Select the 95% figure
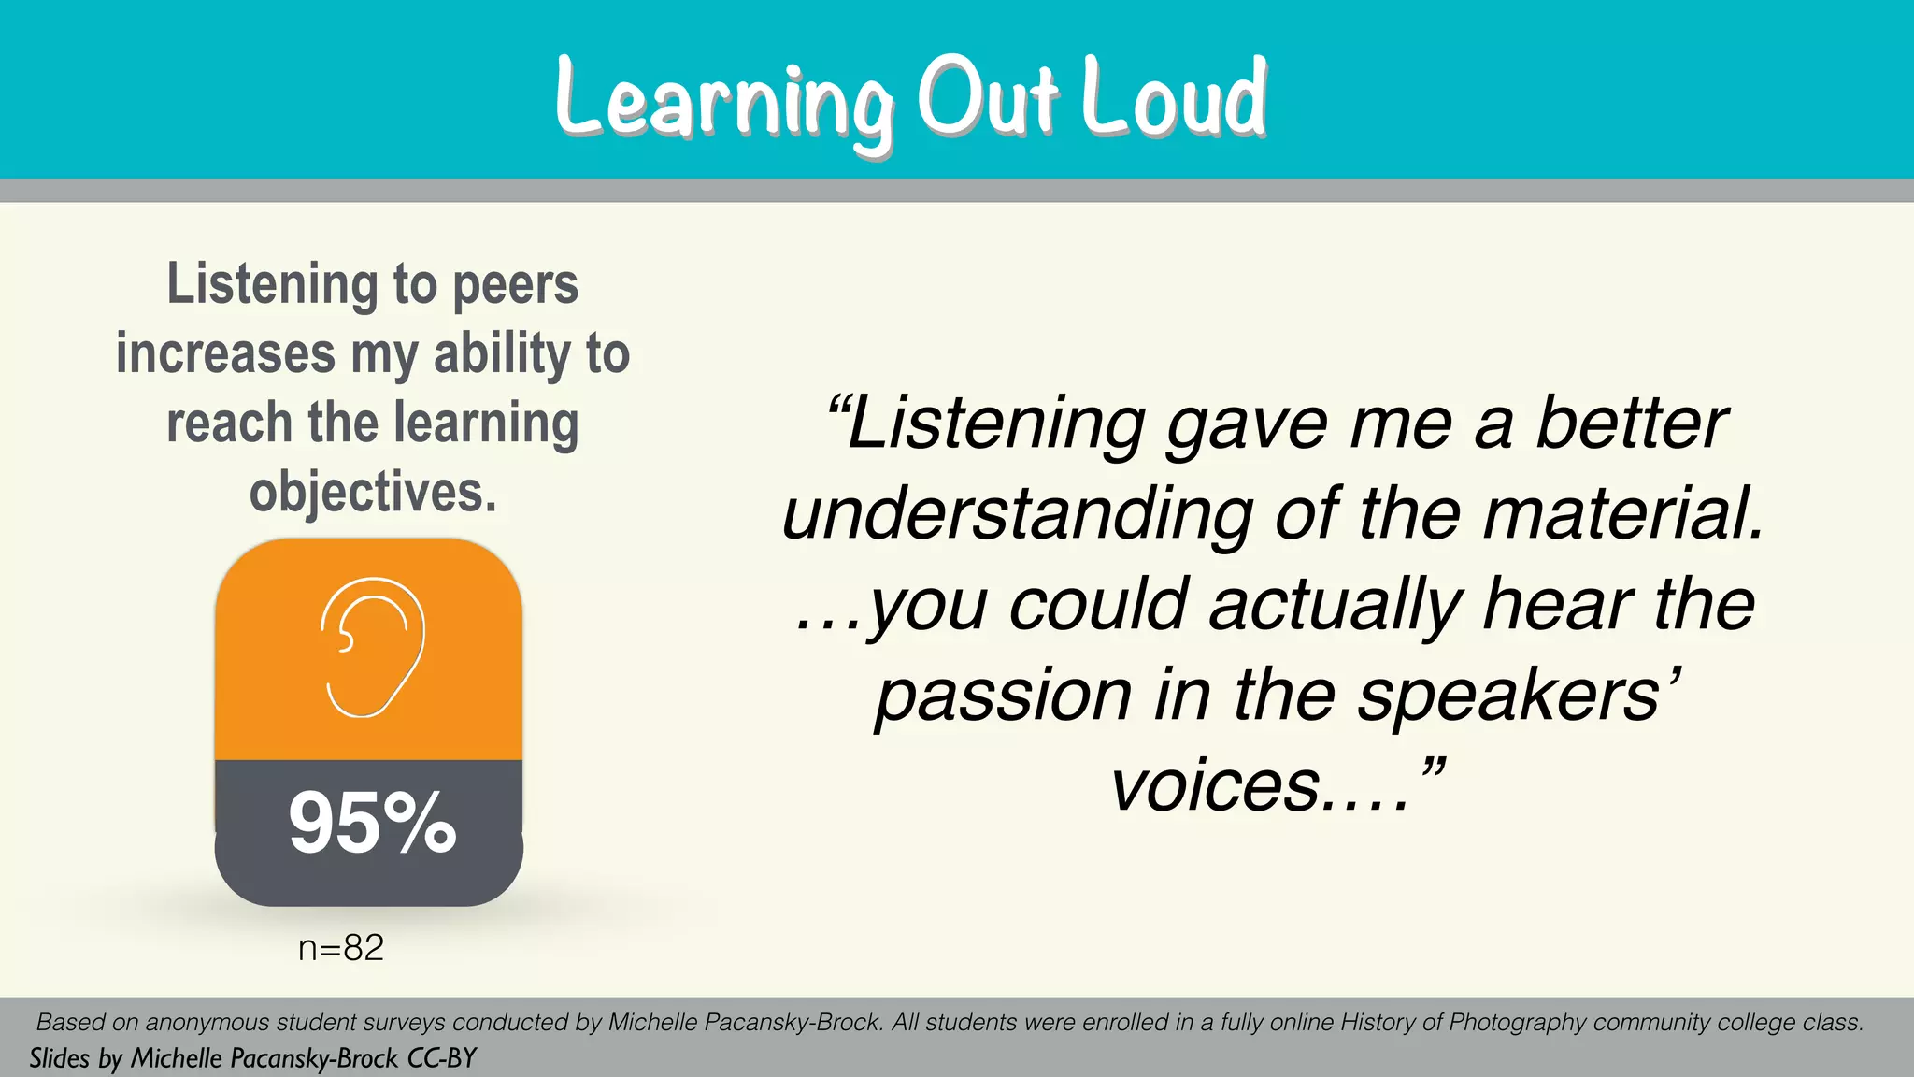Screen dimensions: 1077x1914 (x=372, y=824)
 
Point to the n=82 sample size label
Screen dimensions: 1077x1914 (x=341, y=948)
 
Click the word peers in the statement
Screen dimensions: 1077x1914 (x=515, y=284)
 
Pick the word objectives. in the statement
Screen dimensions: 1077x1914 (x=373, y=492)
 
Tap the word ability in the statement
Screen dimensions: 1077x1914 (x=502, y=354)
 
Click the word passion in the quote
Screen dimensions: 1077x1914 (x=1004, y=696)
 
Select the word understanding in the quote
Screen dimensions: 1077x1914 (x=1017, y=514)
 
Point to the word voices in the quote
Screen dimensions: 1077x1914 (x=1216, y=785)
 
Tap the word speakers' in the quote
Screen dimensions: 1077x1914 (x=1519, y=696)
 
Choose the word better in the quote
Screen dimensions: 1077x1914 (x=1631, y=424)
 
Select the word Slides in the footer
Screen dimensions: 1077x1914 (x=59, y=1058)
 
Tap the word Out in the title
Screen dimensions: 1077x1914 (x=988, y=97)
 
